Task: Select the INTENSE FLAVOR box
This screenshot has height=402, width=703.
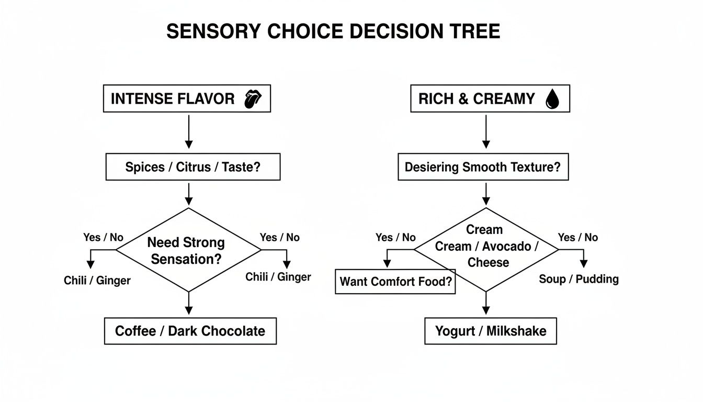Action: [187, 98]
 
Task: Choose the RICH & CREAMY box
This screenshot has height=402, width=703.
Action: [490, 98]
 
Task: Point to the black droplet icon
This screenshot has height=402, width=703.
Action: [552, 99]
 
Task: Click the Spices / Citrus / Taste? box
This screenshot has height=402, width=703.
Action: [192, 167]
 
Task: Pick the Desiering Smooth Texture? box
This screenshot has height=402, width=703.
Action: [483, 167]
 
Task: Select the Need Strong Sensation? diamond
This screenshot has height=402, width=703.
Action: [188, 250]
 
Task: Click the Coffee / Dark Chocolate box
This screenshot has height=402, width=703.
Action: [190, 331]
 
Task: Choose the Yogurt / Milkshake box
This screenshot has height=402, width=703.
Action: [490, 331]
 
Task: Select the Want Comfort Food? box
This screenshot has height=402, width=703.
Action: [395, 281]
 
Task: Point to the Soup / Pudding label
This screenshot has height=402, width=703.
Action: [579, 279]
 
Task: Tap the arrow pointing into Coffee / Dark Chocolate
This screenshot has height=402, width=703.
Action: [189, 304]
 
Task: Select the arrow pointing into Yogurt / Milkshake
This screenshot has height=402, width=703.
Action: [486, 304]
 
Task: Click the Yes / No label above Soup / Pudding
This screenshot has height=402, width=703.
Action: [577, 238]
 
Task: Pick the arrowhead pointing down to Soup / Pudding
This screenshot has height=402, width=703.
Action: [583, 263]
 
